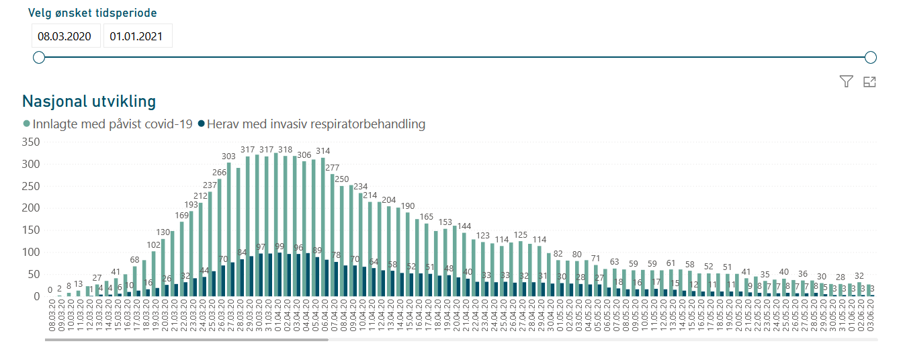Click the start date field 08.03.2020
pyautogui.click(x=66, y=36)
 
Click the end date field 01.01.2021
pyautogui.click(x=138, y=36)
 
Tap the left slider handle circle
pyautogui.click(x=39, y=58)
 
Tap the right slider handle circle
pyautogui.click(x=871, y=58)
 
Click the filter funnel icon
pyautogui.click(x=846, y=82)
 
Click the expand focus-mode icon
pyautogui.click(x=869, y=82)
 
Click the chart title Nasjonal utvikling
pyautogui.click(x=89, y=101)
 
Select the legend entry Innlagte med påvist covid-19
pyautogui.click(x=107, y=124)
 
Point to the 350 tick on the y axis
pyautogui.click(x=32, y=142)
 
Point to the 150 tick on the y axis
pyautogui.click(x=32, y=230)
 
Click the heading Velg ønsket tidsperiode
pyautogui.click(x=93, y=13)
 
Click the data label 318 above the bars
pyautogui.click(x=285, y=150)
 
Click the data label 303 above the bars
pyautogui.click(x=228, y=156)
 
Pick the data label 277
pyautogui.click(x=332, y=168)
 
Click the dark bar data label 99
pyautogui.click(x=280, y=247)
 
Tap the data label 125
pyautogui.click(x=520, y=235)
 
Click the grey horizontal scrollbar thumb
pyautogui.click(x=187, y=340)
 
